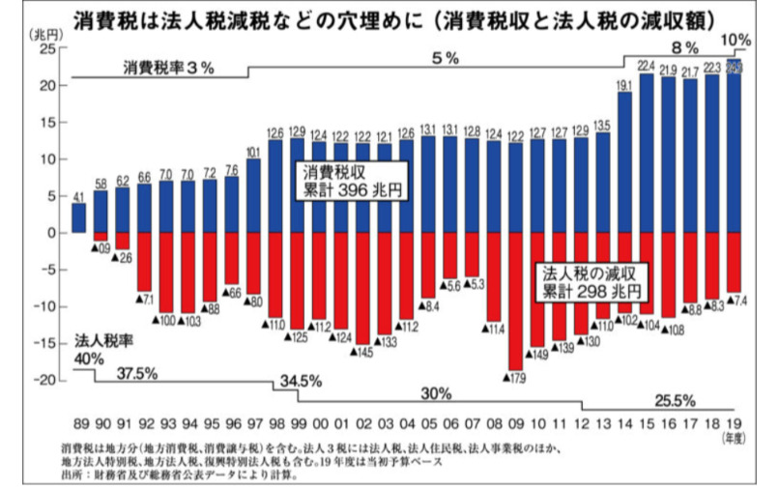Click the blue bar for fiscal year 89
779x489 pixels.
tap(78, 217)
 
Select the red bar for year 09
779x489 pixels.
tap(517, 300)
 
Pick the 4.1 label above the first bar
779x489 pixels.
tap(78, 196)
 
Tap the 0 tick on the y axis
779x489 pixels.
tap(51, 233)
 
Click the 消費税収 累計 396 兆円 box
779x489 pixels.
tap(351, 180)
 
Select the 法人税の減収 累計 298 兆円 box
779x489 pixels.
tap(591, 280)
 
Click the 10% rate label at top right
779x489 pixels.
tap(736, 40)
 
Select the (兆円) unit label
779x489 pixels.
tap(35, 33)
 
